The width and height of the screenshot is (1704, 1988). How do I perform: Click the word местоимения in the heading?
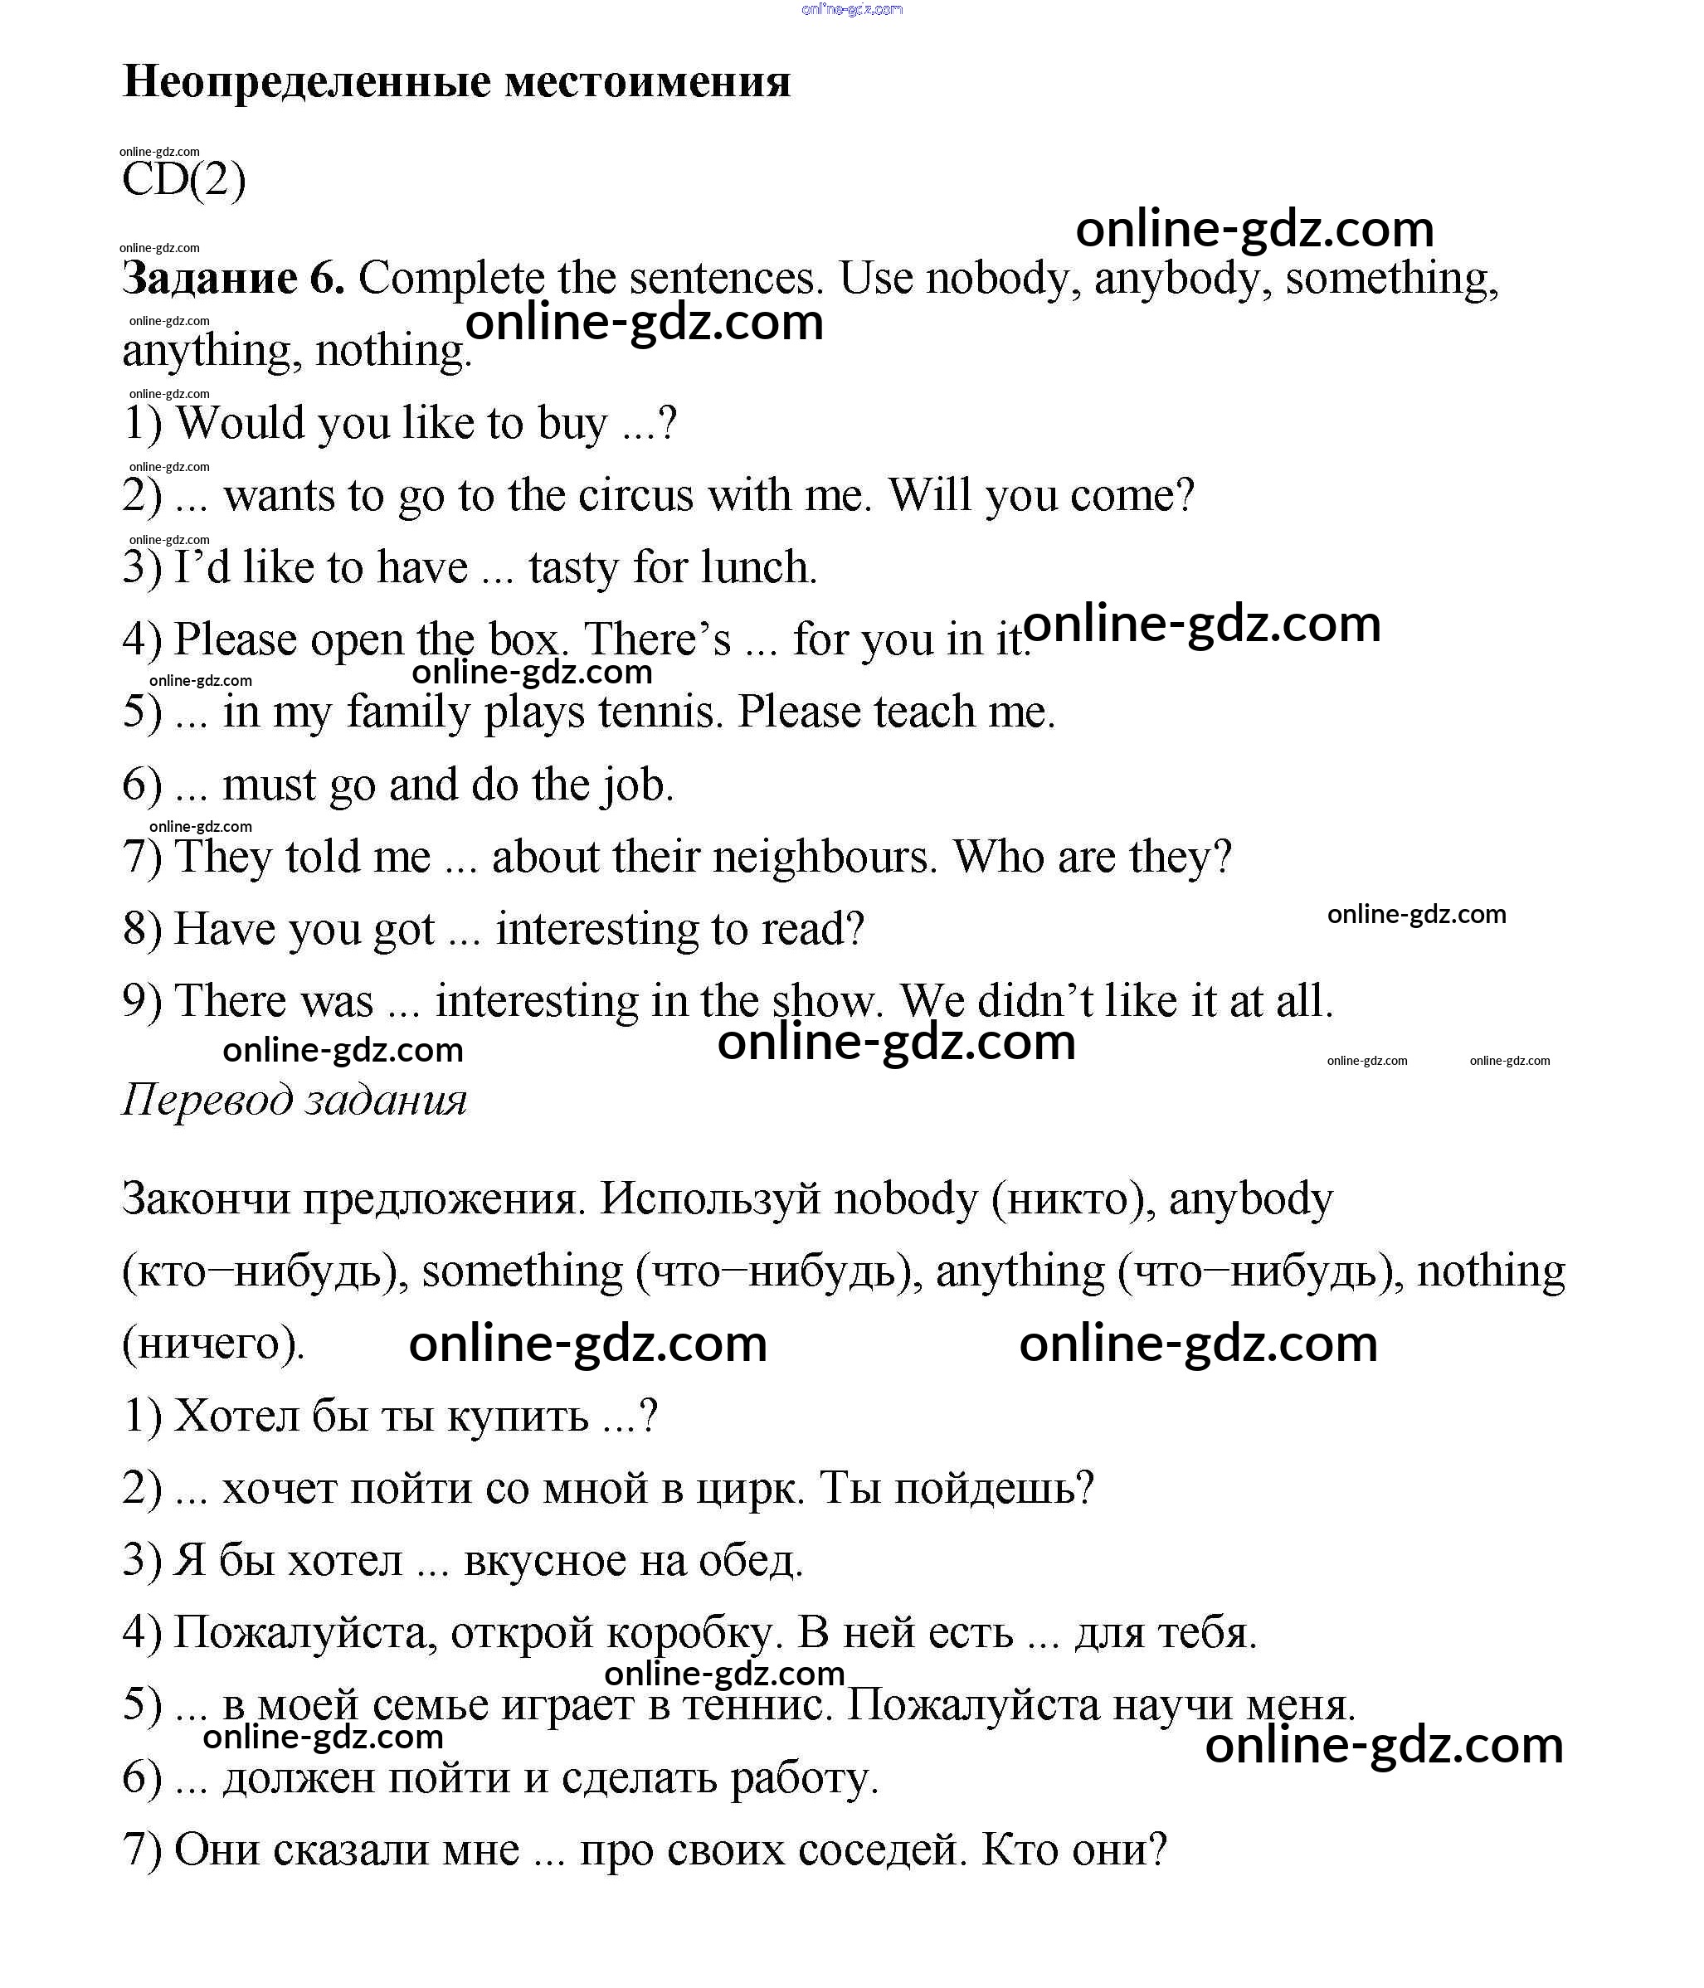(648, 82)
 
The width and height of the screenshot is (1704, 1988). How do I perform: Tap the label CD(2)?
(183, 180)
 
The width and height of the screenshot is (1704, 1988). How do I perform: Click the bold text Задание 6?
(232, 279)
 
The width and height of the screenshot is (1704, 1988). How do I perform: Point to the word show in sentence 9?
(826, 1002)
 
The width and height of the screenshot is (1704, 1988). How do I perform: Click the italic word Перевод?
(207, 1100)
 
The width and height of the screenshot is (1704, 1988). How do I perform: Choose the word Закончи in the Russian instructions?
(205, 1199)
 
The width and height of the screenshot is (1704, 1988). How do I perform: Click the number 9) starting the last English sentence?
(142, 1002)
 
